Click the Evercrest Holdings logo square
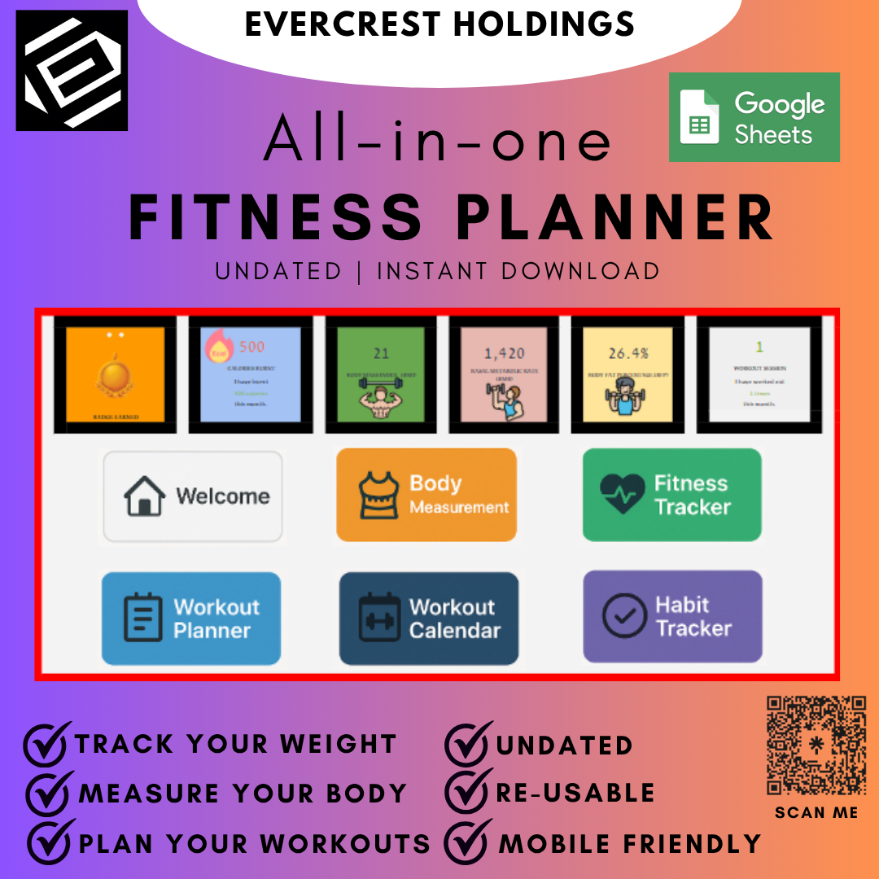[x=72, y=70]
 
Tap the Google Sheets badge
[x=754, y=117]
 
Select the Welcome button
[x=193, y=496]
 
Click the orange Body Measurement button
[x=426, y=495]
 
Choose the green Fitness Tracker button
[x=671, y=495]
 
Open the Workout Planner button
[x=191, y=619]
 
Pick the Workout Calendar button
[x=429, y=619]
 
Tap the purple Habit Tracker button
[x=672, y=616]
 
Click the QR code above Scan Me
[x=816, y=746]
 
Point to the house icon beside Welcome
[x=145, y=496]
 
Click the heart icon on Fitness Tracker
[x=623, y=495]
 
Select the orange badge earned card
[x=115, y=374]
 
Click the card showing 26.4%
[x=628, y=374]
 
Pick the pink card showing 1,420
[x=504, y=374]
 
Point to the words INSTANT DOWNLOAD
[x=518, y=271]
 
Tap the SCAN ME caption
[x=816, y=812]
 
